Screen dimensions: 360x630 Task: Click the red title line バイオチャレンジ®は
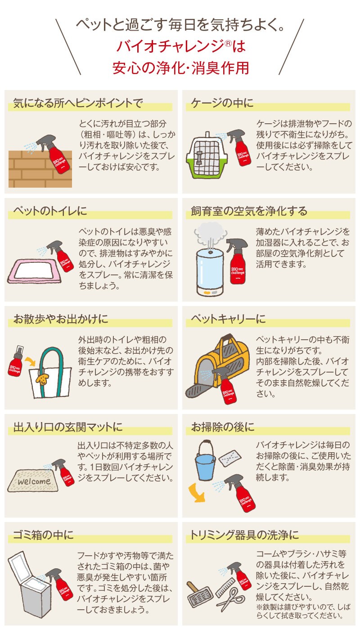[x=181, y=46]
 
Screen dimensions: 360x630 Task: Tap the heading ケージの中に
[x=222, y=103]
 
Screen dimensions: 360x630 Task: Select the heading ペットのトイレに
[x=50, y=211]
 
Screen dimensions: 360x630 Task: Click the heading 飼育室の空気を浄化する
[x=249, y=211]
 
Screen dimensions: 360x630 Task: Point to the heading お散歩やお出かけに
[x=60, y=319]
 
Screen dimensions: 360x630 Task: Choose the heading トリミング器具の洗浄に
[x=244, y=535]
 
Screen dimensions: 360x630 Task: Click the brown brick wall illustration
[x=40, y=169]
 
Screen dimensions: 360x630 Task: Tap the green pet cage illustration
[x=207, y=157]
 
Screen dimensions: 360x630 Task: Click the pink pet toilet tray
[x=34, y=271]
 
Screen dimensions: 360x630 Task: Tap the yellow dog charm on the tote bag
[x=41, y=378]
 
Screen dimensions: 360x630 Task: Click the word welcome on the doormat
[x=34, y=481]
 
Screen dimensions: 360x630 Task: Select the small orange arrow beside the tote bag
[x=30, y=361]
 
